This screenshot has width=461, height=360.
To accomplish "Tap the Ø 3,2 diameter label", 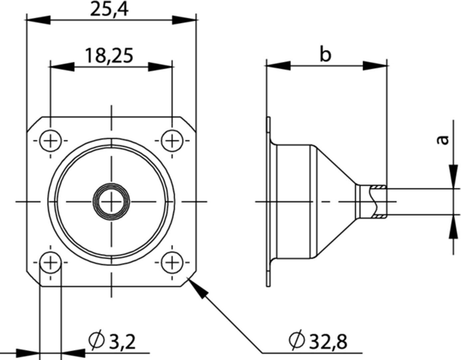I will click(112, 341).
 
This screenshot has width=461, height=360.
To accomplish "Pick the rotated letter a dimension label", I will click(442, 140).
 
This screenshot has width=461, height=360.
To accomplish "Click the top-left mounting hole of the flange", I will click(51, 141).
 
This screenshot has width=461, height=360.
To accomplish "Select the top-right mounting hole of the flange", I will click(172, 141).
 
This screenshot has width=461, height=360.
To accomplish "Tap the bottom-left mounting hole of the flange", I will click(51, 263).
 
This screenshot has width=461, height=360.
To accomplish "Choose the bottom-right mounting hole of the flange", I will click(172, 263).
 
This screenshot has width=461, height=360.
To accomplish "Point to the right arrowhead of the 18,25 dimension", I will click(161, 67).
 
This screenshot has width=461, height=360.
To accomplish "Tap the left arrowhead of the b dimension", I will click(278, 66).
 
